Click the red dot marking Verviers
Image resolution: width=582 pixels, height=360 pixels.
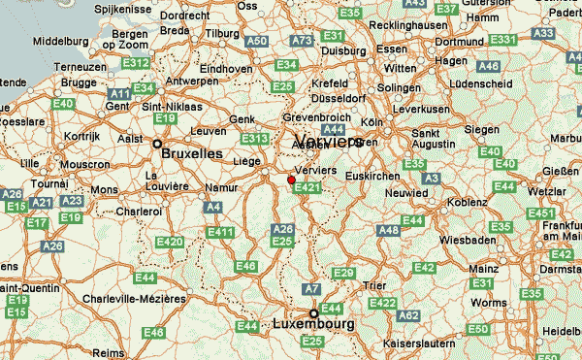[x=291, y=179]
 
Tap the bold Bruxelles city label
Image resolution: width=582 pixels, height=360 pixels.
[x=190, y=153]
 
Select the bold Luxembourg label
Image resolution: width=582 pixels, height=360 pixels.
[x=313, y=324]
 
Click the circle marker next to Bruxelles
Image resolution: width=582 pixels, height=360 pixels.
[x=157, y=144]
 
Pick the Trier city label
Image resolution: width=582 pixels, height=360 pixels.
[x=373, y=285]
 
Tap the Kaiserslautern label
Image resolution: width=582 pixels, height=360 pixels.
[x=420, y=344]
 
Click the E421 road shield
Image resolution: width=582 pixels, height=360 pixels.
[x=306, y=187]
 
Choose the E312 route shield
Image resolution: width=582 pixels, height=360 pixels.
[x=137, y=64]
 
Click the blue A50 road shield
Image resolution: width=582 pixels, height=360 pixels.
[x=257, y=42]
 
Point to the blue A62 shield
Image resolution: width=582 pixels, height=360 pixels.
[x=408, y=315]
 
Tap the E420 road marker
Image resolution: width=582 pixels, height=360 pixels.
[x=169, y=242]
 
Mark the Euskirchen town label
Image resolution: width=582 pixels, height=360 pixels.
[x=372, y=176]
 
